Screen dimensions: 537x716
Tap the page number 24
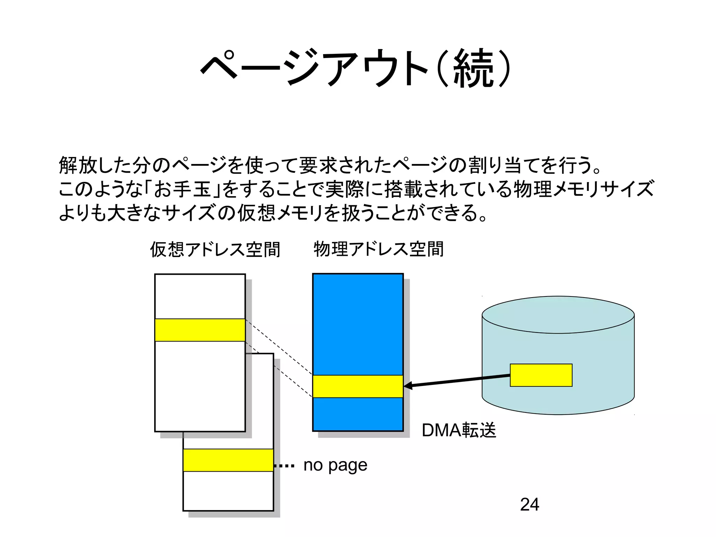coord(529,504)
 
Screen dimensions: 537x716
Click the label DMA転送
coord(459,430)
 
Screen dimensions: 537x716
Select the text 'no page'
coord(335,465)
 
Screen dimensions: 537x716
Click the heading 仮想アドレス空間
coord(215,250)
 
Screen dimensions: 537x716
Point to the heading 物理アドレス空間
coord(379,249)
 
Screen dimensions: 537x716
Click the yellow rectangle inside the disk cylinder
coord(541,375)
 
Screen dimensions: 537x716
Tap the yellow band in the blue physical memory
coord(358,386)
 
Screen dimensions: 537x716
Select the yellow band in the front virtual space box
coord(200,330)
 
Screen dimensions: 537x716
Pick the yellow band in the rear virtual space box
coord(228,460)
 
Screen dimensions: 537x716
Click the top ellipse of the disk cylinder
coord(558,315)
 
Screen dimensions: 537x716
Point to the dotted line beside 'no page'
coord(285,466)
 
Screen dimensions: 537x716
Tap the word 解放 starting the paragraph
coord(78,165)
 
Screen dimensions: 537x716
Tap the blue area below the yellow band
coord(358,414)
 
